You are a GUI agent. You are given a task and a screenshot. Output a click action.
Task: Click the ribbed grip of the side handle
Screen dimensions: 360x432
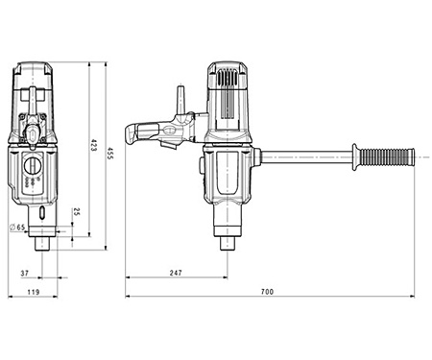click(383, 154)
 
